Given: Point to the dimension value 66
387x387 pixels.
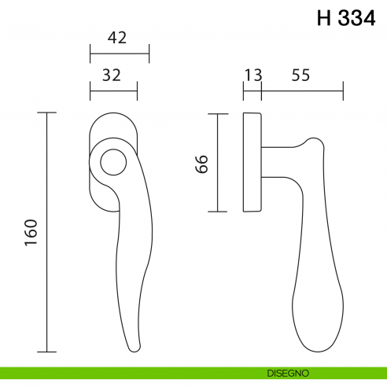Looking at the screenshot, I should (x=201, y=164).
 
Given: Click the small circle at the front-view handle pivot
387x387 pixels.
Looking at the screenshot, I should (x=113, y=163).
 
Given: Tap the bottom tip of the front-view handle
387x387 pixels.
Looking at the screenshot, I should (x=136, y=346).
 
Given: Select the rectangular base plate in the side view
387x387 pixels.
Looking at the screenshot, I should (x=252, y=162).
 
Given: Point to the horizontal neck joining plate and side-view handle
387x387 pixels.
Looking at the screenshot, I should (x=279, y=162).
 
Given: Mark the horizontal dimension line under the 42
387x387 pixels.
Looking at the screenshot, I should (x=120, y=55).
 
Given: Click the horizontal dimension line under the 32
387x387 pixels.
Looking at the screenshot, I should (x=114, y=93).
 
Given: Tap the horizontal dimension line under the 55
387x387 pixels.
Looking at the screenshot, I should (x=302, y=93).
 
